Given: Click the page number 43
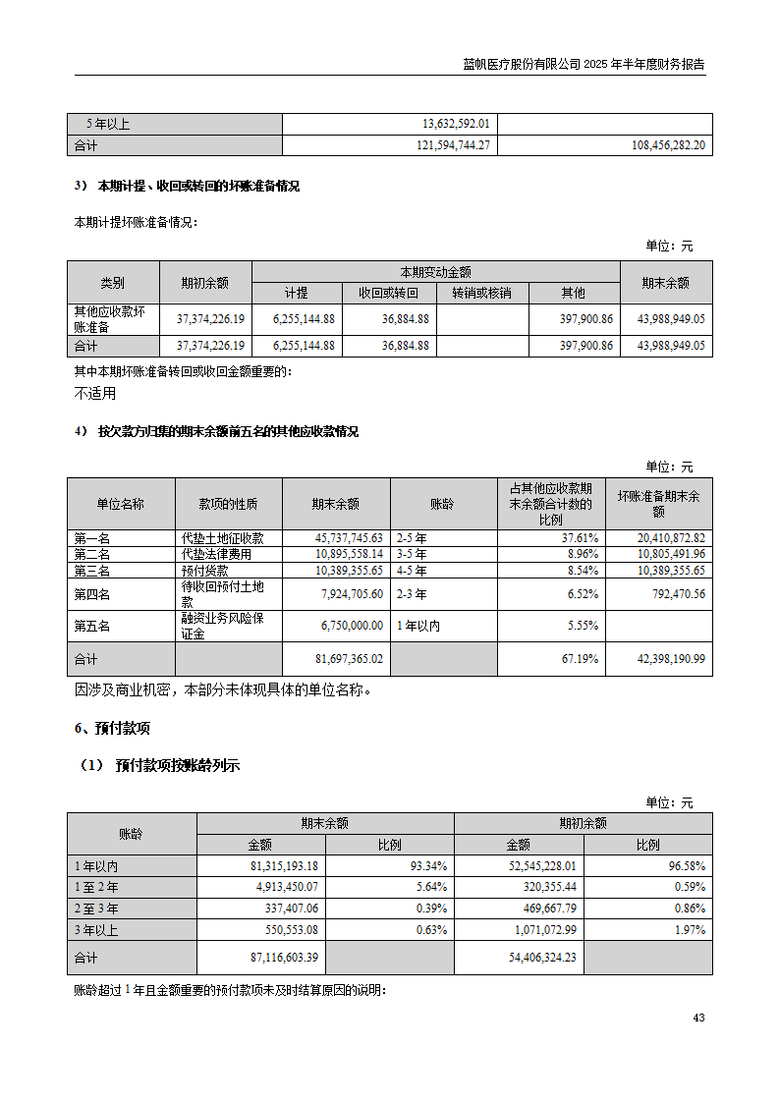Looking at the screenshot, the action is pos(697,1018).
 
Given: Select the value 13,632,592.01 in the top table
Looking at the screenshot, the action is pos(456,124).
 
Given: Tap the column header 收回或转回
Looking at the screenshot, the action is pos(389,293).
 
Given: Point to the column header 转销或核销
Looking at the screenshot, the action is pos(481,293).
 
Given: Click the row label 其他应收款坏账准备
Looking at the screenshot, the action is pos(110,319).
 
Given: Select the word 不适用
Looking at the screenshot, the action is pos(95,394).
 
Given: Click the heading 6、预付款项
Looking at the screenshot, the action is pos(112,729).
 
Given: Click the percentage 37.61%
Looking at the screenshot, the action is pos(580,538).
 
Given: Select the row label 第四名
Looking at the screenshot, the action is pos(92,594).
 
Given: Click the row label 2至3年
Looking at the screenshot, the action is pos(96,909).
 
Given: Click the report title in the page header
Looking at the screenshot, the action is pos(584,65).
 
